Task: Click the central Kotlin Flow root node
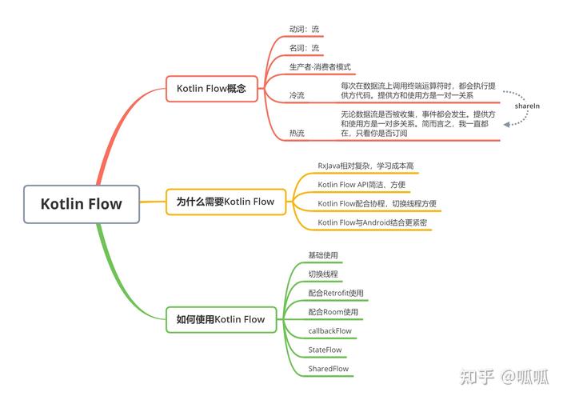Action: click(x=82, y=203)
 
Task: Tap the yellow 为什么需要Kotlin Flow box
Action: click(x=225, y=202)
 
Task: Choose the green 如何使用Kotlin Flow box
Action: click(x=221, y=319)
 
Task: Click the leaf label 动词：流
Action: click(x=304, y=30)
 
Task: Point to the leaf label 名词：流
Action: click(x=304, y=48)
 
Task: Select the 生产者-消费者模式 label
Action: click(x=320, y=67)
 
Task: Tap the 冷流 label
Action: click(x=297, y=95)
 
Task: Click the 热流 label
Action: click(x=297, y=134)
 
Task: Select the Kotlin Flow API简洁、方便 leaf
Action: click(x=361, y=185)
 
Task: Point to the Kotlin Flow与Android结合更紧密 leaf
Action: click(x=373, y=222)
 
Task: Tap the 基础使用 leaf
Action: click(x=323, y=255)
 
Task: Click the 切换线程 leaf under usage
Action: click(x=323, y=274)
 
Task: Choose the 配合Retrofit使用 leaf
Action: click(x=336, y=293)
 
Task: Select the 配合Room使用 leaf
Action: click(x=333, y=312)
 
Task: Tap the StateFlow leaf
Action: click(x=325, y=350)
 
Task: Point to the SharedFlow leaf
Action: click(x=328, y=369)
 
